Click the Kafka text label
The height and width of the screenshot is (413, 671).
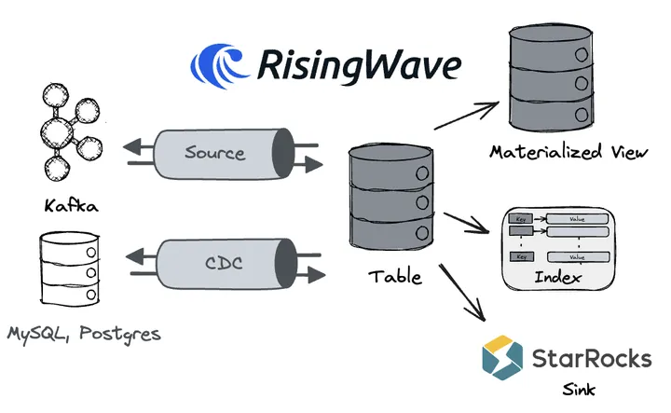pyautogui.click(x=70, y=204)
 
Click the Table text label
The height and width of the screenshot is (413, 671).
pyautogui.click(x=395, y=277)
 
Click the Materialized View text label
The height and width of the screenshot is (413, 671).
pyautogui.click(x=568, y=152)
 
